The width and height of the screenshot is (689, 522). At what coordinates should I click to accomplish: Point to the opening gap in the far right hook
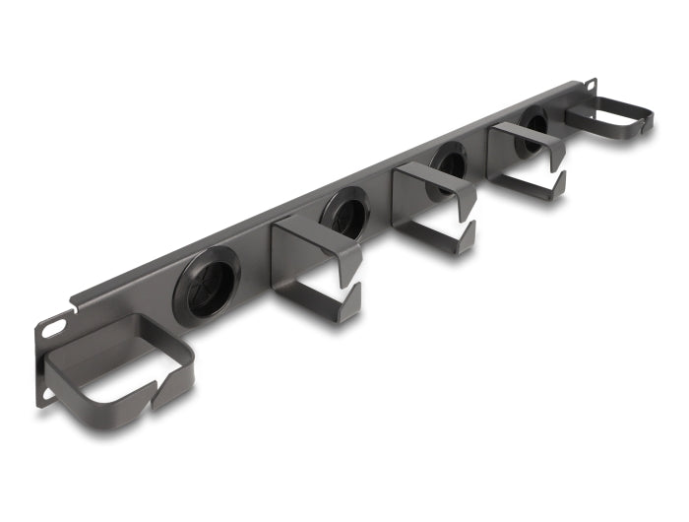pos(644,126)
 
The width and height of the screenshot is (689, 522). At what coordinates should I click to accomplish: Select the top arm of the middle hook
pos(433,181)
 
